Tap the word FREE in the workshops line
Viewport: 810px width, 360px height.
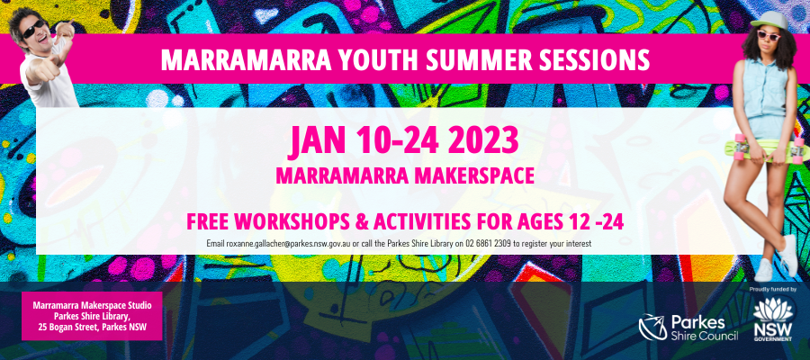[x=208, y=222]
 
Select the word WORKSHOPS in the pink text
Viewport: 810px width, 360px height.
[x=283, y=222]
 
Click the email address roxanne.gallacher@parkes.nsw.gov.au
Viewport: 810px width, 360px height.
[x=288, y=243]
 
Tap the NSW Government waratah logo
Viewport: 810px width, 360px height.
[x=773, y=319]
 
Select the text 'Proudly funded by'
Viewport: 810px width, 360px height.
[x=772, y=290]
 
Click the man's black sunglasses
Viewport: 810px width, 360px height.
[x=33, y=30]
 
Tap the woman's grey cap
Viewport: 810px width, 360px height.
[x=771, y=21]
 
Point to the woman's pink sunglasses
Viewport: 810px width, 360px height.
[x=769, y=35]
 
